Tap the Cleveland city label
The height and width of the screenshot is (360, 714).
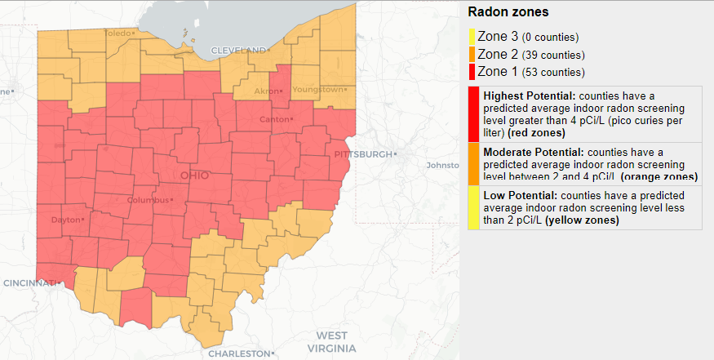coord(238,50)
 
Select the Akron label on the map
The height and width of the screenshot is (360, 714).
coord(267,91)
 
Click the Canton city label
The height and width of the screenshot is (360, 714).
coord(268,120)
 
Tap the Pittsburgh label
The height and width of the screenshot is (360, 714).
coord(364,154)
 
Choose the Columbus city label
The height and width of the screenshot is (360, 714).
coord(148,201)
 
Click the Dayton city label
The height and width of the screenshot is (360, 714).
coord(65,220)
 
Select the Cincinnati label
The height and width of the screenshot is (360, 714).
coord(29,282)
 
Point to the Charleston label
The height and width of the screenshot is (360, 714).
coord(237,353)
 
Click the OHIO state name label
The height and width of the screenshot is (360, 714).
coord(194,176)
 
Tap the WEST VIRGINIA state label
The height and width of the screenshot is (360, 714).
coord(331,342)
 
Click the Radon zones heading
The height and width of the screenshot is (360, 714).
coord(508,12)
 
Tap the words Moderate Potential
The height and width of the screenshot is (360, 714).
coord(533,152)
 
